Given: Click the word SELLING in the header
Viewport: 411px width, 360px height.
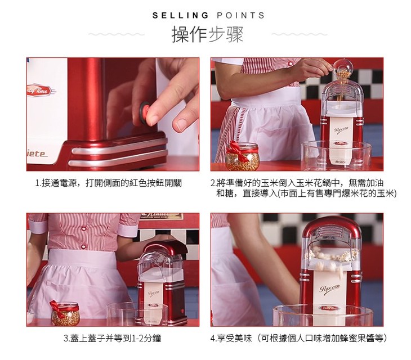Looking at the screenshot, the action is tap(180, 15).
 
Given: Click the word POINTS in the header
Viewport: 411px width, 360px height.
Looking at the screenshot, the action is tap(240, 15).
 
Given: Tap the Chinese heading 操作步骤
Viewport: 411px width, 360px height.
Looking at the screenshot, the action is tap(208, 34).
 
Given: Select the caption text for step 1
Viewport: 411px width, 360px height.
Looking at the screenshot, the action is tap(109, 183).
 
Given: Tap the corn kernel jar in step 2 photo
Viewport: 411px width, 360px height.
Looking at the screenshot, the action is tap(242, 156).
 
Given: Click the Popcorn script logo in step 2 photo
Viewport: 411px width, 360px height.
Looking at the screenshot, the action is tap(341, 129).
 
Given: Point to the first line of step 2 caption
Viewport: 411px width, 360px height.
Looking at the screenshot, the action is tap(297, 183).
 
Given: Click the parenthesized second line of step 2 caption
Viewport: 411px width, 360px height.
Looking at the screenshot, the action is tap(306, 193).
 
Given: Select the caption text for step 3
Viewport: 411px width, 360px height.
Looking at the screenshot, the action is tap(113, 338).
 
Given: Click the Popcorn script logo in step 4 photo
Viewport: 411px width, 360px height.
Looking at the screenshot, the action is tap(329, 289).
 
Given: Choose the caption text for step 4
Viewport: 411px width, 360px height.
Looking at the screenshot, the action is tap(298, 338).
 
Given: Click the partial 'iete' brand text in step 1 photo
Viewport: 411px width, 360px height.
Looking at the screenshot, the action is tap(37, 154).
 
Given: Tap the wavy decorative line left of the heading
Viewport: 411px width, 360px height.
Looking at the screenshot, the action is tap(117, 34).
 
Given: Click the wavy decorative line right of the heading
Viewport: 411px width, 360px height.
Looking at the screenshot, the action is tap(300, 34).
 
